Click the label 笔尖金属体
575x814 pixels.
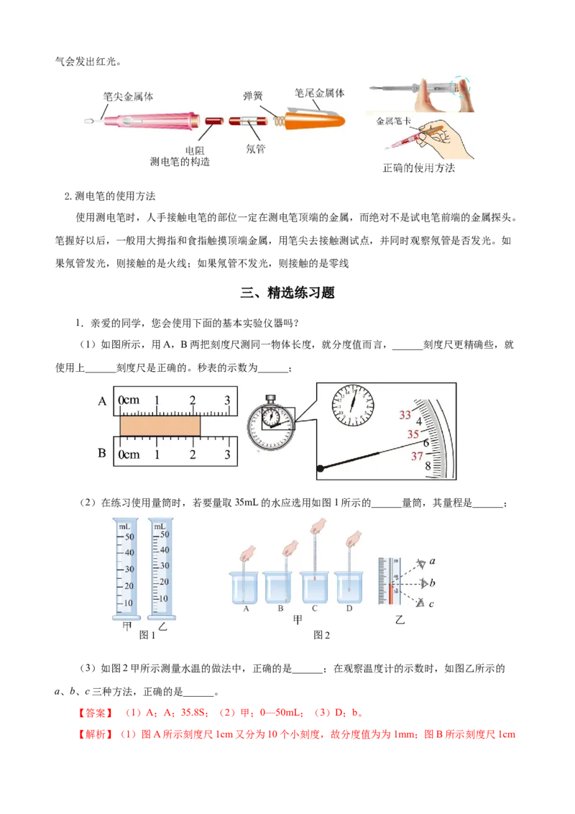pos(128,96)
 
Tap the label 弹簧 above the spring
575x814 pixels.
pos(253,96)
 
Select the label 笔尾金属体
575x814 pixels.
pos(320,93)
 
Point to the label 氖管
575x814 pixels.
pos(255,149)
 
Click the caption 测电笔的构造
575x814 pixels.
pos(180,162)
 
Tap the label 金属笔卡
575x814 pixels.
pos(393,121)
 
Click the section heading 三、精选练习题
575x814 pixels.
pos(287,293)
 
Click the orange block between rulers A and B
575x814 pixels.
pos(160,426)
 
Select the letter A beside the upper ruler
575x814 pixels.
pos(102,401)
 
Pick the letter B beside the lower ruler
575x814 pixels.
pos(102,453)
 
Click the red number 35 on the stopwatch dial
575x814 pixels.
pos(413,434)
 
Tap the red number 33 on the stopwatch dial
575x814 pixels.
pos(405,415)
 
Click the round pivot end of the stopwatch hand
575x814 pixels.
pos(321,468)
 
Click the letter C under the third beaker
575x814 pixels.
pos(315,608)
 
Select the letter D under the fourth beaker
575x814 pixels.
pos(349,608)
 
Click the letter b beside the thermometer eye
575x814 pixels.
pos(432,583)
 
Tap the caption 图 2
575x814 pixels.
pos(322,635)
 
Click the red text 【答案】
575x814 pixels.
pos(96,713)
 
